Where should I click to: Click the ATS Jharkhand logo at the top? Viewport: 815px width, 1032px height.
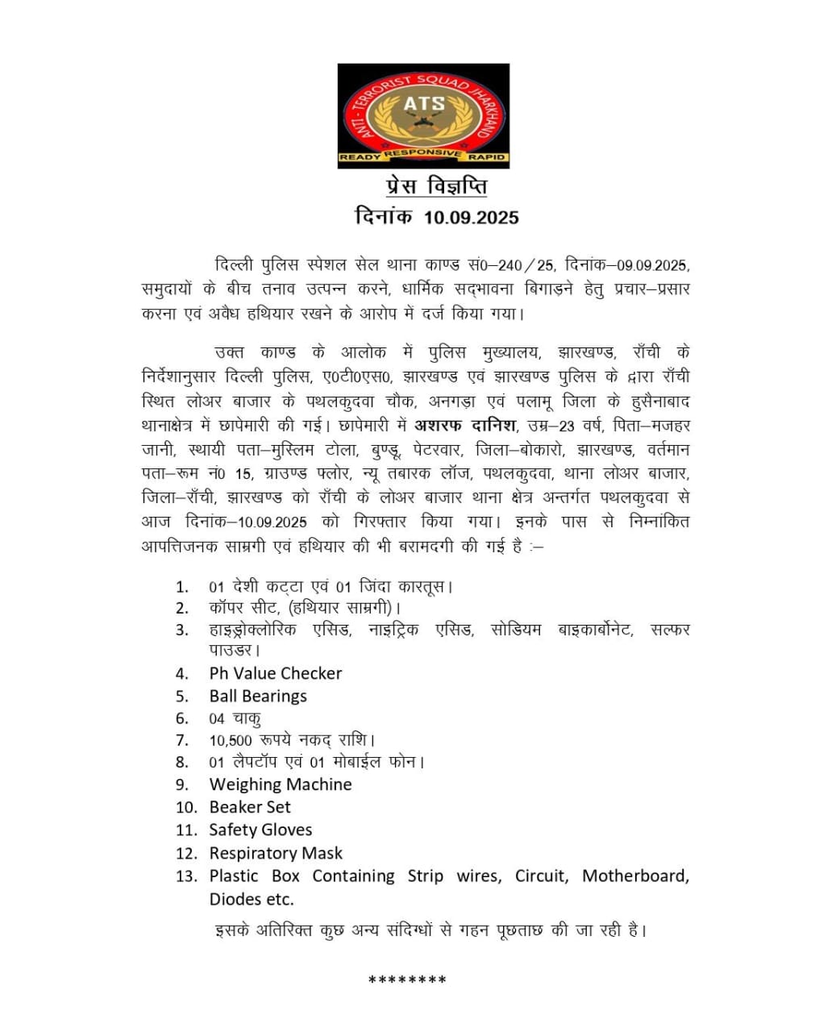coord(423,115)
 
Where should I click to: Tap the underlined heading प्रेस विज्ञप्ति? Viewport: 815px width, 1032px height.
coord(435,187)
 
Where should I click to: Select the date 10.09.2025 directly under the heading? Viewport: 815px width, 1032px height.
coord(472,217)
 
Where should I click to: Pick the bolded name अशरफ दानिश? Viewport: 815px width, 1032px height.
coord(465,425)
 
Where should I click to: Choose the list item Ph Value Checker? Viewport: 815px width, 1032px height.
coord(276,673)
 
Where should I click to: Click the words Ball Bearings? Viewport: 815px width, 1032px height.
coord(258,696)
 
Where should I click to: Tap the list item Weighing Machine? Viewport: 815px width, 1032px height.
coord(281,784)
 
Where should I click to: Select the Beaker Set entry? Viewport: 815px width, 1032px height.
coord(250,807)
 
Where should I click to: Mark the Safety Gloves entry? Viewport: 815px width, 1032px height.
coord(260,830)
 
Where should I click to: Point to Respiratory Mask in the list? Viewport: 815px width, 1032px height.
coord(276,853)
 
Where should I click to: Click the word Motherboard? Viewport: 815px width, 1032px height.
coord(635,876)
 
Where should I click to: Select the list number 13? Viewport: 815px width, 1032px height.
coord(186,876)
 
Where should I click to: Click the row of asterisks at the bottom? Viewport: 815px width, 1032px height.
coord(407,980)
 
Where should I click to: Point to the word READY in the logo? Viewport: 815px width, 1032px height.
coord(360,158)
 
